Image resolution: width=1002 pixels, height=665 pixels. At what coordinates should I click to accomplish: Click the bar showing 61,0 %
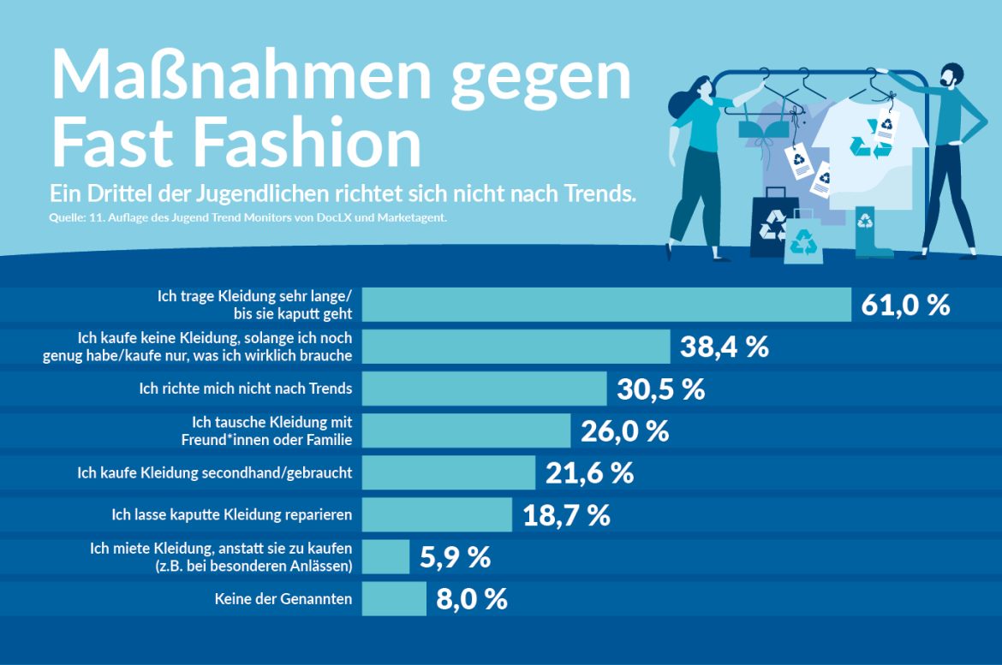coord(606,305)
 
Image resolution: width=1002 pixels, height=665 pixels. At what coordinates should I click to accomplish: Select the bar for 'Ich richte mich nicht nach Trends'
coord(484,389)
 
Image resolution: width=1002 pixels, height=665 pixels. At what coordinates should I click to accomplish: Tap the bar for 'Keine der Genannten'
coord(394,599)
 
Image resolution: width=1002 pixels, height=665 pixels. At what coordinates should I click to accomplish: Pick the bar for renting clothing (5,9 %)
coord(385,557)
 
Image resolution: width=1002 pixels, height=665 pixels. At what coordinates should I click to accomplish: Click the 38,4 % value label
coord(724,347)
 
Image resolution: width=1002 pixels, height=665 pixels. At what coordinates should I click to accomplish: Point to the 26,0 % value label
coord(624,430)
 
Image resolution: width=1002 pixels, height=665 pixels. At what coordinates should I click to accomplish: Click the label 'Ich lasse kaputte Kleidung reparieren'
coord(232,515)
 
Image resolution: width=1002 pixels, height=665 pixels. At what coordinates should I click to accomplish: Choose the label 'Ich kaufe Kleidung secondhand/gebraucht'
coord(214,472)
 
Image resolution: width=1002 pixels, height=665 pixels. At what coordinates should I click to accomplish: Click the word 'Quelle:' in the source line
coord(66,218)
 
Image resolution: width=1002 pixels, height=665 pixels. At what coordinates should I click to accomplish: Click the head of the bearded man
coord(949,77)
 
